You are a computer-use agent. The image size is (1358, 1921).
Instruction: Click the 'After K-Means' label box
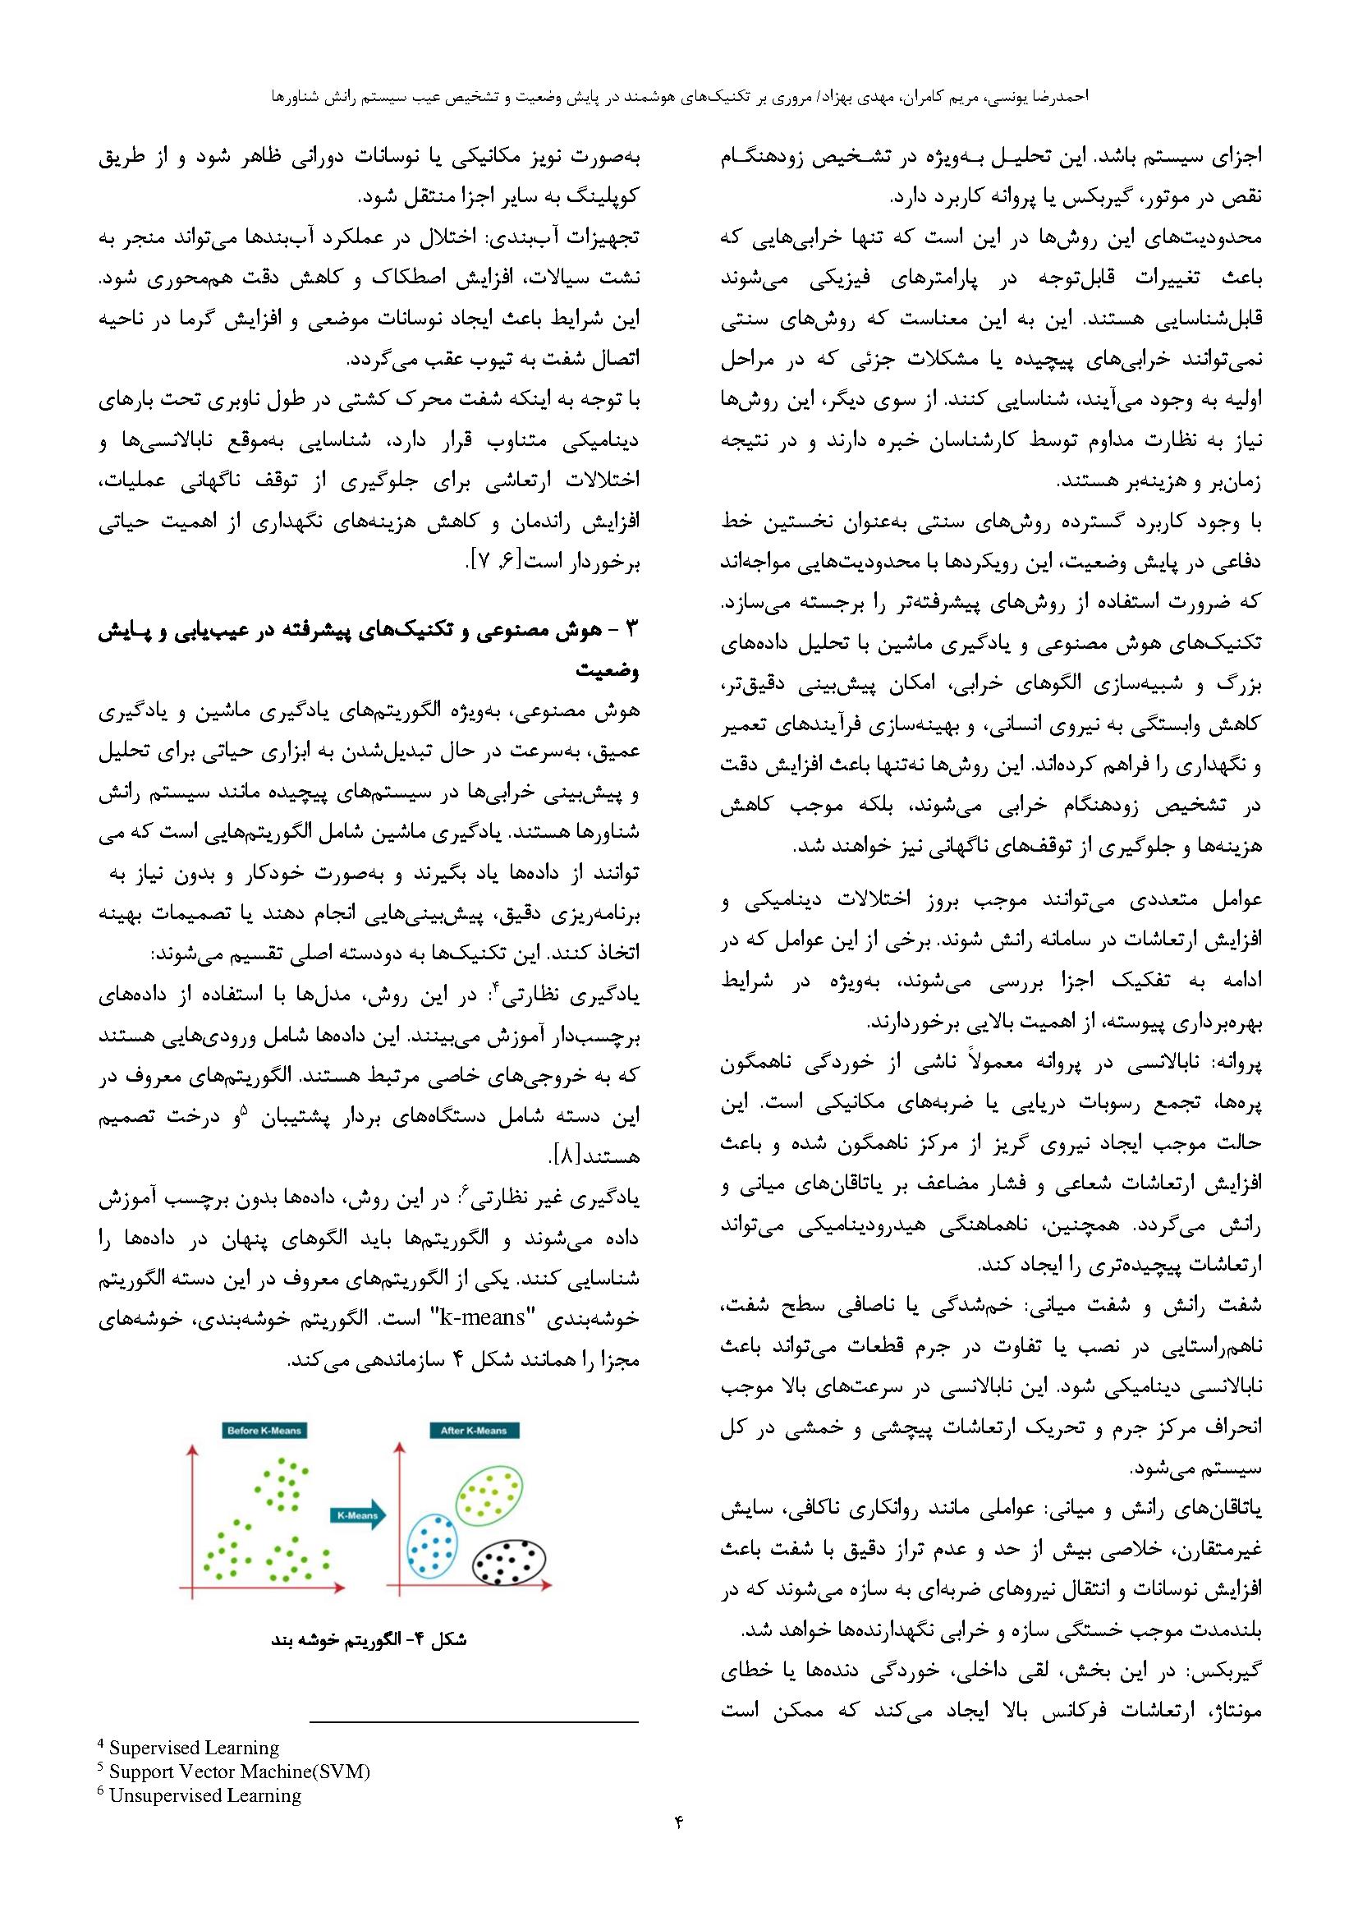(473, 1431)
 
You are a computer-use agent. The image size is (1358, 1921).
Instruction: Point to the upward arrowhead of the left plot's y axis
(194, 1449)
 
